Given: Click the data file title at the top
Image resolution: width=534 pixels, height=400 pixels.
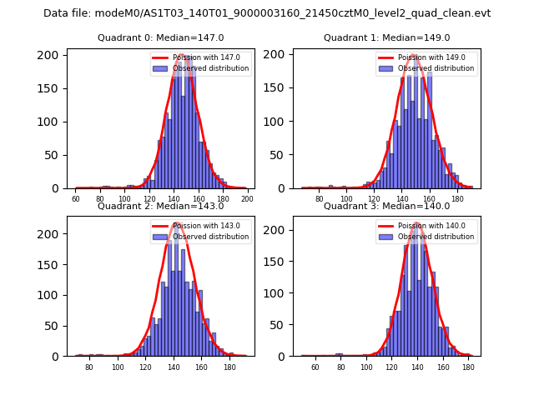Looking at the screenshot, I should [267, 13].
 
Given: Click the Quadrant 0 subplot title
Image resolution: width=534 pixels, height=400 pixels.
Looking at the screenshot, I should [160, 38].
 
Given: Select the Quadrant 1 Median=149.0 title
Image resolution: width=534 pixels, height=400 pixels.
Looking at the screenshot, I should [386, 38].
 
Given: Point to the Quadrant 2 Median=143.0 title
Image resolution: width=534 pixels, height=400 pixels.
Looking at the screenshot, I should [160, 206].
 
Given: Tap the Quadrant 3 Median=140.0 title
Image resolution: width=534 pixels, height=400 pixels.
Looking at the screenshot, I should [386, 206].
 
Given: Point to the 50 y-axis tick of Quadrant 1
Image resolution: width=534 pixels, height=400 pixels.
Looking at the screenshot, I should [282, 155].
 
